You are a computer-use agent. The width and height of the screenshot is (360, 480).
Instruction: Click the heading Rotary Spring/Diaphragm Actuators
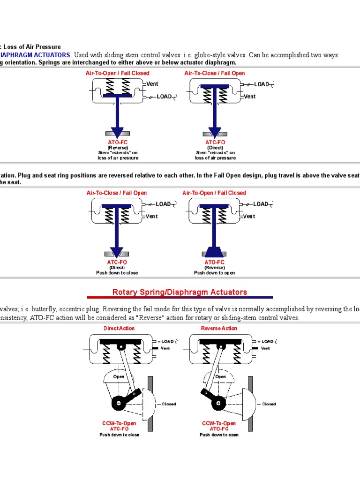180,292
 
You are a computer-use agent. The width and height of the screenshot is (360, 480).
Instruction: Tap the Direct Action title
119,328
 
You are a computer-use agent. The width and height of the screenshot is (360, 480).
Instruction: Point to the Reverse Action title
219,328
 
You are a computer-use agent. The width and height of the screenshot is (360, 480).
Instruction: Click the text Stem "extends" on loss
117,153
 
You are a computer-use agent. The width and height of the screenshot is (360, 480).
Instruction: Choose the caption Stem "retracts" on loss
215,153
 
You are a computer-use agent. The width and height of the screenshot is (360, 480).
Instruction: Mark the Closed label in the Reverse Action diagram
269,404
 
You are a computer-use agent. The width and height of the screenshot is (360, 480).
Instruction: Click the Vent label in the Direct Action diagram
165,348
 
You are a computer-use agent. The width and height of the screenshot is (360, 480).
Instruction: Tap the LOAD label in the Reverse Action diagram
268,341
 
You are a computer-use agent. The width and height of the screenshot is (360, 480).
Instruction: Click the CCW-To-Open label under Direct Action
119,423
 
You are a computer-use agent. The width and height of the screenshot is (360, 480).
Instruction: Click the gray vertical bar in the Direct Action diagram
150,403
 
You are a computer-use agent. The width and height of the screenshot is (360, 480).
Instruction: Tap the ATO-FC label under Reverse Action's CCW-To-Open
219,429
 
